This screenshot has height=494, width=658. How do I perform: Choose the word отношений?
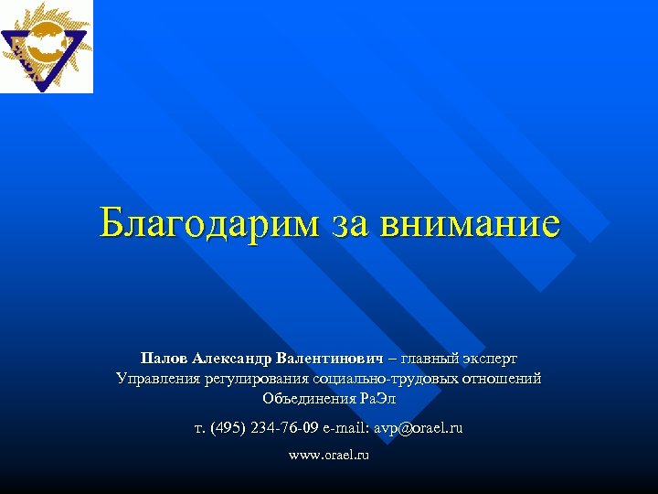pos(500,377)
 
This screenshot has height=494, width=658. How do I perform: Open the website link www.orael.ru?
pos(329,454)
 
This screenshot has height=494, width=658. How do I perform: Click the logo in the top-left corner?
pos(47,47)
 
